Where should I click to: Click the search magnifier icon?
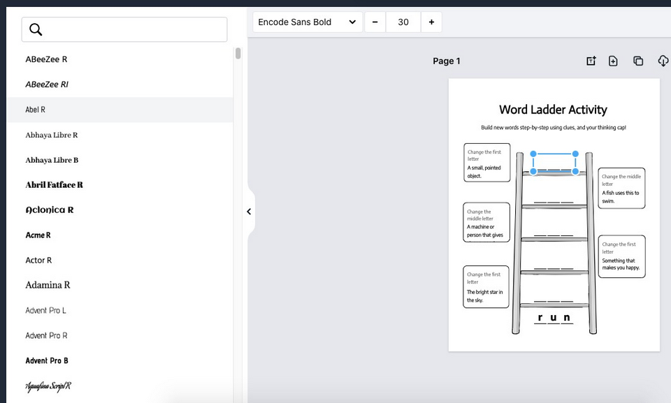tap(36, 29)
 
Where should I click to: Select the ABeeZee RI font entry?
tap(47, 85)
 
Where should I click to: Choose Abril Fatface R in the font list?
tap(54, 185)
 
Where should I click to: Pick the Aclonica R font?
tap(49, 210)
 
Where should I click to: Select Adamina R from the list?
tap(48, 285)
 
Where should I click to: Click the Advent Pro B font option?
tap(47, 360)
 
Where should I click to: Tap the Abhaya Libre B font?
tap(52, 160)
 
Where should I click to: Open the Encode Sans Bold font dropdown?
tap(308, 22)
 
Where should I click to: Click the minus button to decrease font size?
tap(375, 22)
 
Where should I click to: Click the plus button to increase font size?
tap(431, 22)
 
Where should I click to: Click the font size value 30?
tap(403, 22)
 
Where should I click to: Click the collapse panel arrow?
tap(249, 212)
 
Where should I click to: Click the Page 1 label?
tap(447, 61)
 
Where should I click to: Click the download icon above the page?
tap(663, 61)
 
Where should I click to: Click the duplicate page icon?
tap(638, 61)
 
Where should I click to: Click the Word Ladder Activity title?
tap(553, 110)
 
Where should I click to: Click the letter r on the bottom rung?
tap(540, 318)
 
